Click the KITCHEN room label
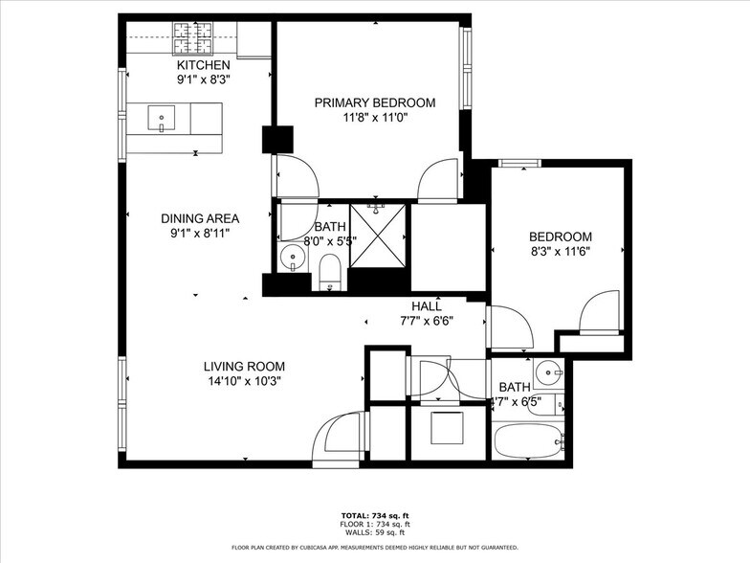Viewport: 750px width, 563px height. [203, 65]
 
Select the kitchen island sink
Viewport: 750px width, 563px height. [161, 119]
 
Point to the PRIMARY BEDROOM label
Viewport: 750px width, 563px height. [375, 102]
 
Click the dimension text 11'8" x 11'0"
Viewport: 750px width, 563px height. [375, 118]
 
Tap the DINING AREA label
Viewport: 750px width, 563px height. [199, 217]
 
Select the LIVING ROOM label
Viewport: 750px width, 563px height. [243, 366]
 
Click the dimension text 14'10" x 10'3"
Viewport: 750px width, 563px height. [243, 381]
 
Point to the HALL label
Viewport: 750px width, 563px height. [427, 306]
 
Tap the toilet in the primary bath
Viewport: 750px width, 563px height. [329, 270]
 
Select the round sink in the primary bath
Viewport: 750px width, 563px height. [293, 258]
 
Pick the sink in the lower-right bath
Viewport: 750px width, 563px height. [547, 371]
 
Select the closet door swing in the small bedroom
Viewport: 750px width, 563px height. [602, 312]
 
